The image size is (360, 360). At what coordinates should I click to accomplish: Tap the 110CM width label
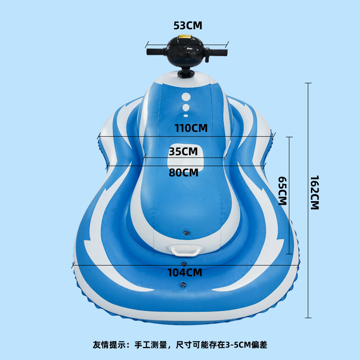[191, 128]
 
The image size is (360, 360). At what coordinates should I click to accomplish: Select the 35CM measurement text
[183, 151]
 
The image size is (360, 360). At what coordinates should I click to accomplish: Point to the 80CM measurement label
[184, 172]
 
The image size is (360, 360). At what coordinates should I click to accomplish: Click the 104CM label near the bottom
[184, 272]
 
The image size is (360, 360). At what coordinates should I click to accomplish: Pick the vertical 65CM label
[282, 190]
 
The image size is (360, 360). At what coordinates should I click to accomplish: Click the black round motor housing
[185, 52]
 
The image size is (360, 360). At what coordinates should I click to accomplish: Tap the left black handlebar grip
[156, 52]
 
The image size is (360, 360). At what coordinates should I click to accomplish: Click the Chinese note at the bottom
[180, 345]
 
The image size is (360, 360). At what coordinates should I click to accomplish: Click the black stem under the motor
[186, 72]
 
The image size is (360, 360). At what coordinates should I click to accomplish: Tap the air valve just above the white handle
[185, 232]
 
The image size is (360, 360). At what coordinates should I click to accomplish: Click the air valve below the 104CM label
[182, 284]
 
